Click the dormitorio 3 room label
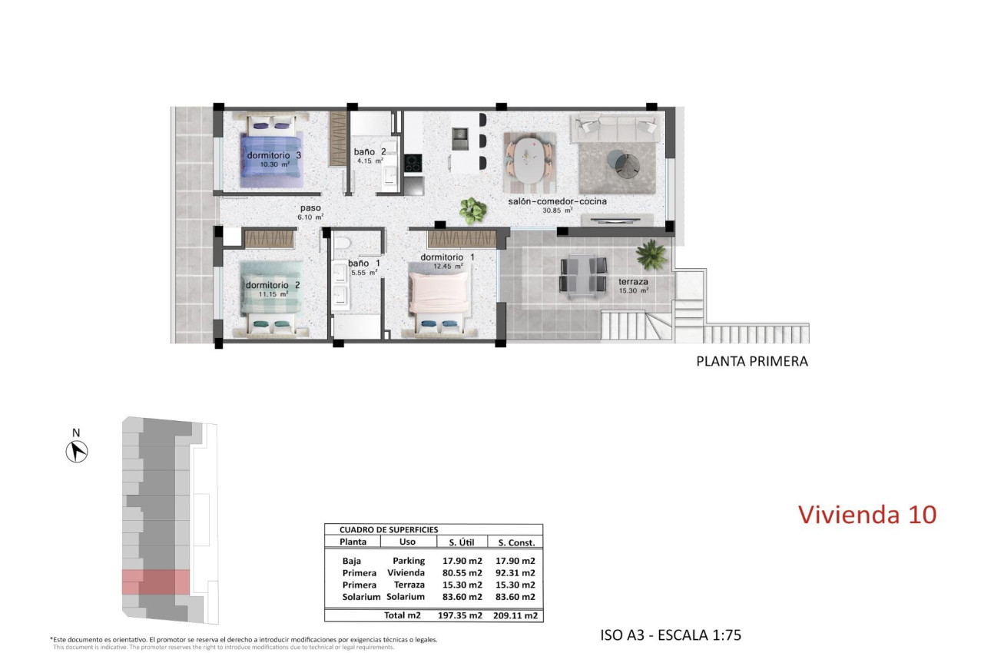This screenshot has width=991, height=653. pyautogui.click(x=273, y=156)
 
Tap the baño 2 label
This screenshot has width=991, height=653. pyautogui.click(x=370, y=152)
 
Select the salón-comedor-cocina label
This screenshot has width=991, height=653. pyautogui.click(x=557, y=202)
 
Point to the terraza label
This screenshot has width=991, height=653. pyautogui.click(x=634, y=282)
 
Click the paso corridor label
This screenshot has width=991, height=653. pyautogui.click(x=310, y=208)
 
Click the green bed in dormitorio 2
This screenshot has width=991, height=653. pyautogui.click(x=268, y=297)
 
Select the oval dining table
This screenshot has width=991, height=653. pyautogui.click(x=531, y=159)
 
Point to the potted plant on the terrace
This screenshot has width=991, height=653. pyautogui.click(x=652, y=254)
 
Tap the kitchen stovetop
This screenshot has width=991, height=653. pyautogui.click(x=413, y=163)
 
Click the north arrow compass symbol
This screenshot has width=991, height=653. pyautogui.click(x=77, y=452)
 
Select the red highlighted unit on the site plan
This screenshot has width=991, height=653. pyautogui.click(x=156, y=582)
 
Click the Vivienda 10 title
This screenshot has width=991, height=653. pyautogui.click(x=867, y=514)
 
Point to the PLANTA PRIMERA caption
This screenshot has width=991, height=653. pyautogui.click(x=751, y=361)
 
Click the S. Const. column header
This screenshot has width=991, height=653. pyautogui.click(x=515, y=542)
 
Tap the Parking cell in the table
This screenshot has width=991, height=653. pyautogui.click(x=409, y=561)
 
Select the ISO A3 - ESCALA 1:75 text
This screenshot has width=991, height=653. pyautogui.click(x=671, y=635)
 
